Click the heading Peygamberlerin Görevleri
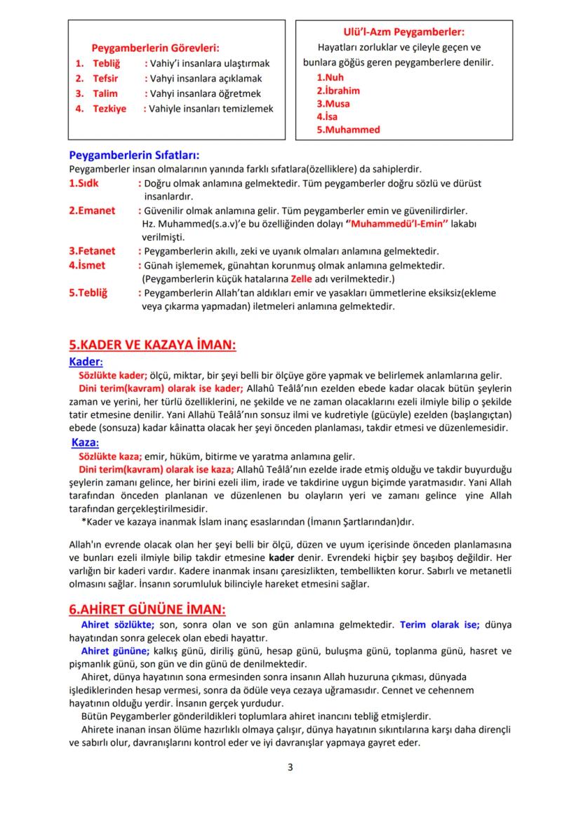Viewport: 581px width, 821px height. (x=155, y=48)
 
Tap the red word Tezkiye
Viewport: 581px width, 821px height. (x=109, y=109)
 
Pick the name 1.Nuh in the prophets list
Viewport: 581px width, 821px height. (x=330, y=77)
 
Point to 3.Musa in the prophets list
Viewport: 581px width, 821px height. (x=333, y=104)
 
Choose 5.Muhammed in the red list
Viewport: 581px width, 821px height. (x=347, y=130)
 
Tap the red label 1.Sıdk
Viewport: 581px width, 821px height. (x=84, y=183)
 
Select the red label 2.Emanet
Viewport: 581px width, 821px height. (x=92, y=210)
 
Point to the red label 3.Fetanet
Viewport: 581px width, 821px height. (x=92, y=250)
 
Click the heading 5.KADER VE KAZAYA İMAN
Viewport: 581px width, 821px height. (x=152, y=346)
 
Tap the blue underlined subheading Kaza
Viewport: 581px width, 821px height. (x=85, y=443)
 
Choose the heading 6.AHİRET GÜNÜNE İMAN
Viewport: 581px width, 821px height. (x=147, y=609)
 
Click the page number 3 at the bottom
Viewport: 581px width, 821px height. (x=290, y=766)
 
